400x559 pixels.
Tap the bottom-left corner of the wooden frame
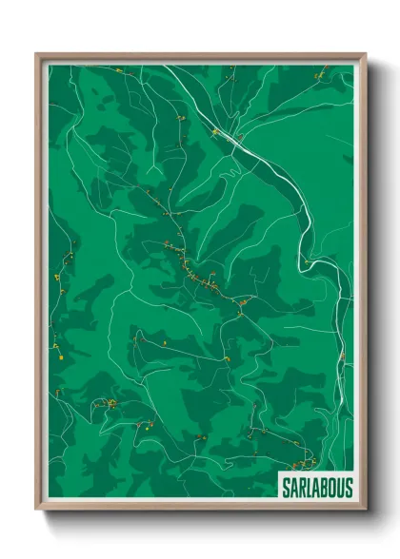point(37,511)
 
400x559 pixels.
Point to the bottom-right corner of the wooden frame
point(365,511)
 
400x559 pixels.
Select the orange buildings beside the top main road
point(216,132)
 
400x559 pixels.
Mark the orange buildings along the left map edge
point(60,276)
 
